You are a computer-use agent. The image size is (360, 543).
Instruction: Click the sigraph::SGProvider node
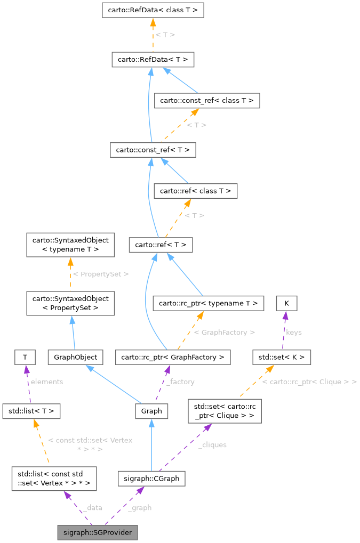(98, 532)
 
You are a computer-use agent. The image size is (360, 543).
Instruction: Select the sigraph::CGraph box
(151, 479)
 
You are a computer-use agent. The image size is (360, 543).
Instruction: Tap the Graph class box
(151, 411)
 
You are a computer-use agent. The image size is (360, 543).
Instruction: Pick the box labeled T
(25, 357)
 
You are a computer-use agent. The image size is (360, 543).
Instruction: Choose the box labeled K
(286, 303)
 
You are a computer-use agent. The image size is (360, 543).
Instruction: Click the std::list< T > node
(31, 411)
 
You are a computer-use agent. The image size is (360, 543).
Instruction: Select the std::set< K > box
(281, 357)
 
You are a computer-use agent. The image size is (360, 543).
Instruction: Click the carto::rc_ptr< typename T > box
(209, 303)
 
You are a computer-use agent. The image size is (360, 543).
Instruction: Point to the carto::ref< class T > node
(195, 191)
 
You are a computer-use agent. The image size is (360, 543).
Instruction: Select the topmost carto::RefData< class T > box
(153, 10)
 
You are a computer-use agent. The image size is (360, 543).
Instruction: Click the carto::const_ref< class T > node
(206, 101)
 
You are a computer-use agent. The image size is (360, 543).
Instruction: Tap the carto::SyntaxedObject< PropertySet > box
(70, 303)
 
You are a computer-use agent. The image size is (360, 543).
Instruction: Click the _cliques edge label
(212, 444)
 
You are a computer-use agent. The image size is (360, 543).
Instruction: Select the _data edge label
(92, 508)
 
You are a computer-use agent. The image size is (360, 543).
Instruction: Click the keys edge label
(294, 332)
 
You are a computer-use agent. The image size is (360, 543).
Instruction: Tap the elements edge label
(46, 382)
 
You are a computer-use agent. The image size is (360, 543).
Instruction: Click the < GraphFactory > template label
(224, 332)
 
